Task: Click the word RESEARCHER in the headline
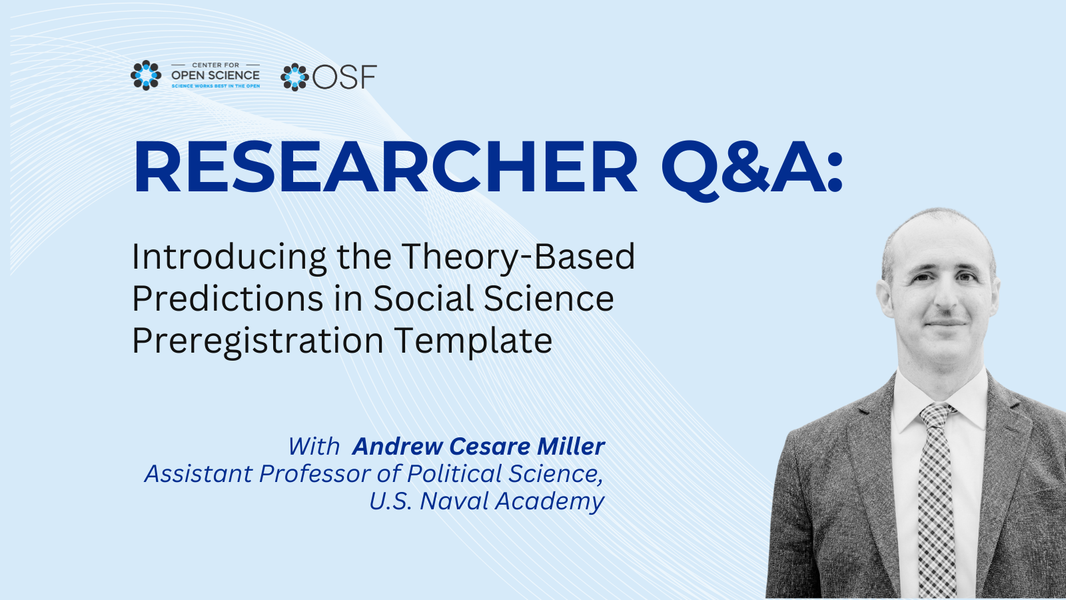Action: pyautogui.click(x=386, y=166)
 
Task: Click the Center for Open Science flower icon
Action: pyautogui.click(x=146, y=75)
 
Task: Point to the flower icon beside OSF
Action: pyautogui.click(x=294, y=77)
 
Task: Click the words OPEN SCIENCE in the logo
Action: pyautogui.click(x=216, y=75)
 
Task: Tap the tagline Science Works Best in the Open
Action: pyautogui.click(x=216, y=86)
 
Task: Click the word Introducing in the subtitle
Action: pyautogui.click(x=229, y=257)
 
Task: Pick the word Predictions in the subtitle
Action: pyautogui.click(x=228, y=299)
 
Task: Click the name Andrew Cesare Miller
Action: pyautogui.click(x=479, y=446)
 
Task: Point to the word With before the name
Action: pyautogui.click(x=314, y=447)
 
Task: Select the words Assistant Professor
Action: pyautogui.click(x=258, y=474)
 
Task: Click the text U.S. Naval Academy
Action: pyautogui.click(x=487, y=501)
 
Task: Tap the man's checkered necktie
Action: pyautogui.click(x=937, y=495)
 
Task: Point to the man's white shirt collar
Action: pyautogui.click(x=940, y=399)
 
